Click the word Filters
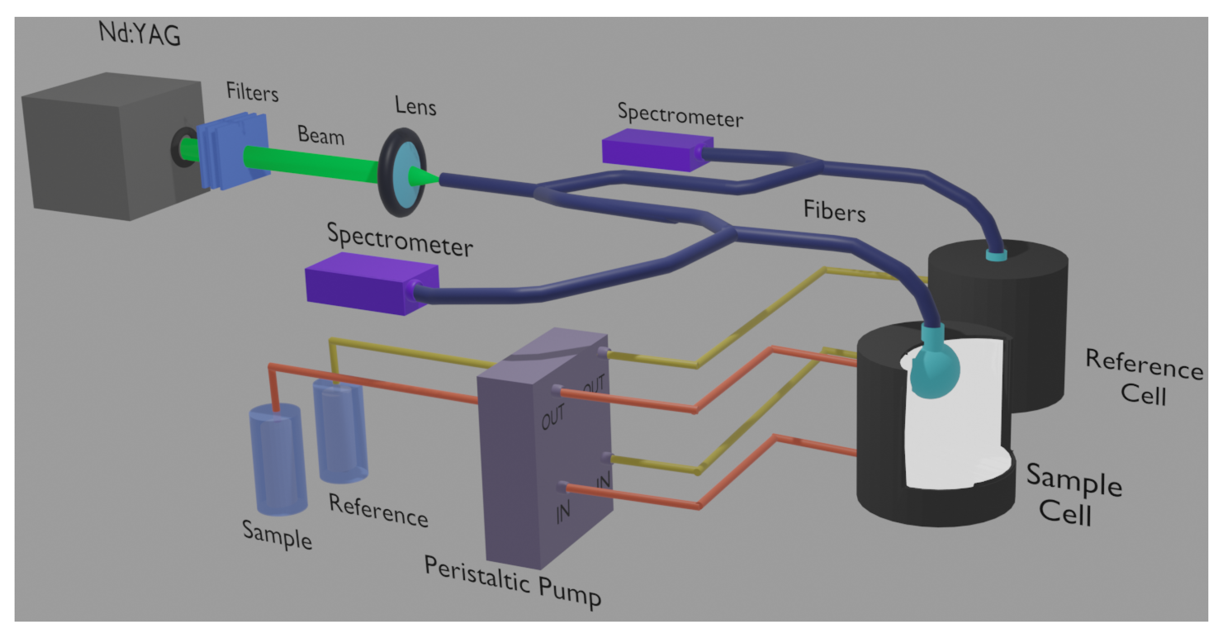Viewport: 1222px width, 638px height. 252,92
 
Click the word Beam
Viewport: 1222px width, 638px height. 321,136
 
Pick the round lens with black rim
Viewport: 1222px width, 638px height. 402,172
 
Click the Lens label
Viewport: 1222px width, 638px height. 415,106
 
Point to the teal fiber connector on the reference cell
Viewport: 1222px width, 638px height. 996,255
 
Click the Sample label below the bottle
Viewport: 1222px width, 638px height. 277,535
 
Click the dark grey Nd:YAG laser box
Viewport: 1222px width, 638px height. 109,147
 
